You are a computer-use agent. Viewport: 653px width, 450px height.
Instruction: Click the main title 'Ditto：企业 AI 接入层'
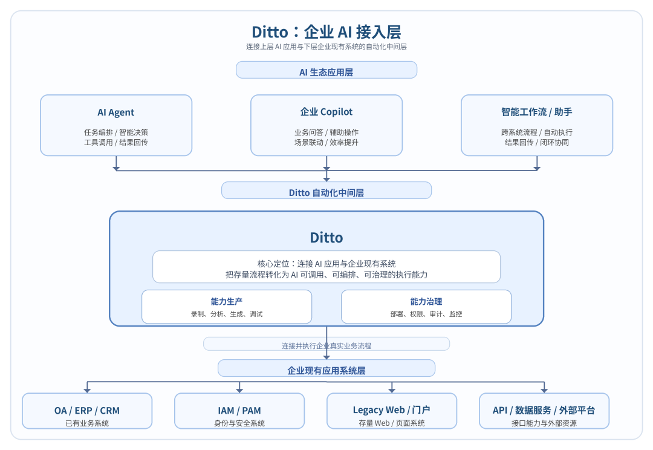[x=326, y=31]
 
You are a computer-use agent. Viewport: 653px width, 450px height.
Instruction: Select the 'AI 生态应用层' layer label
[x=326, y=72]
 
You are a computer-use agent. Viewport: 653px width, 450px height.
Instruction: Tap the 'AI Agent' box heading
[x=116, y=112]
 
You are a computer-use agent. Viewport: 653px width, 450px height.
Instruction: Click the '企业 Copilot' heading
[x=326, y=112]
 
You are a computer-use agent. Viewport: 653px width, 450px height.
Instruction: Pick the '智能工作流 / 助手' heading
[x=537, y=112]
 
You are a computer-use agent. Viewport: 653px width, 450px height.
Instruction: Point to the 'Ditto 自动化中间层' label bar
[x=326, y=192]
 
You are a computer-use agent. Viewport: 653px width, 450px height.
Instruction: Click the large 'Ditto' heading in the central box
[x=326, y=237]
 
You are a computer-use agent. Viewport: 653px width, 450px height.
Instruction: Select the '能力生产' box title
[x=227, y=301]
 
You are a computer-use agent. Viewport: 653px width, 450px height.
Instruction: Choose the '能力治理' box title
[x=426, y=301]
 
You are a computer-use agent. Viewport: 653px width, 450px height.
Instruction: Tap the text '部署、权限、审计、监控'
[x=426, y=314]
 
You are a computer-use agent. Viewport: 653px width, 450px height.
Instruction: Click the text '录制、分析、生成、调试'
[x=227, y=314]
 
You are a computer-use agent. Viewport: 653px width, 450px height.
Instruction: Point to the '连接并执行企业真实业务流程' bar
[x=326, y=345]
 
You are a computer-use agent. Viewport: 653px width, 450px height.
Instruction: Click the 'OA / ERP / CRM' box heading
[x=87, y=410]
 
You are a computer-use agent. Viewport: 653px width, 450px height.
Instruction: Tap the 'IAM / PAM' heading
[x=239, y=410]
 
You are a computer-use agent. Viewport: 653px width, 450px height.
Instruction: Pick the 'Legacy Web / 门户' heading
[x=392, y=410]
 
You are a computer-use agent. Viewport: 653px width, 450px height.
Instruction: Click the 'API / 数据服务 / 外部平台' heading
[x=544, y=410]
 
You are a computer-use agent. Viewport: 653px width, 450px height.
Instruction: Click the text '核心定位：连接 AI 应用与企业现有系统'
[x=326, y=264]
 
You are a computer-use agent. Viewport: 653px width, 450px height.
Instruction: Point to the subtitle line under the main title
[x=326, y=47]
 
